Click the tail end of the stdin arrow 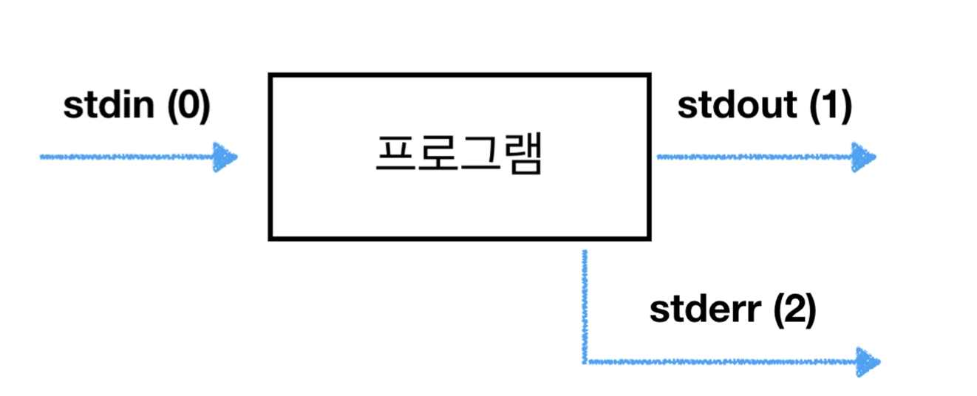43,157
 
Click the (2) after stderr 794,311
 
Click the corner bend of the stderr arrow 585,362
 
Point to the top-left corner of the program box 271,75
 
